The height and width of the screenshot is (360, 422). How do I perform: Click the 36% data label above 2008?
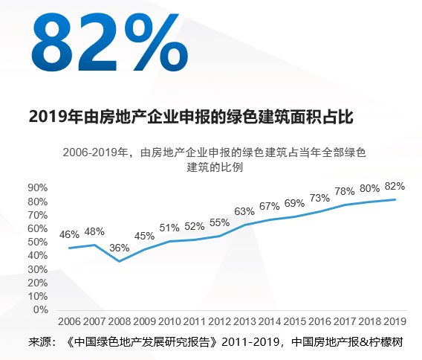pos(120,248)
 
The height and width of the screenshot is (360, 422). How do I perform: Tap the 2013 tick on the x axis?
pos(244,321)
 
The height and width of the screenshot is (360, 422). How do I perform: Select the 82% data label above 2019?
pos(395,186)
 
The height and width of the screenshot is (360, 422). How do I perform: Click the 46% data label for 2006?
pos(69,234)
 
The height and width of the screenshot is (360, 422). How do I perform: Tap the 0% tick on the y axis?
pos(40,309)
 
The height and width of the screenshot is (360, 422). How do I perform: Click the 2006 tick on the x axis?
pos(69,321)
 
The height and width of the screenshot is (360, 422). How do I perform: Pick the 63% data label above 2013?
pos(244,211)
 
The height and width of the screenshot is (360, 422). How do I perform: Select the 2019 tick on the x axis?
pos(395,321)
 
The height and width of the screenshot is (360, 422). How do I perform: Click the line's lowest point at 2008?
pos(120,261)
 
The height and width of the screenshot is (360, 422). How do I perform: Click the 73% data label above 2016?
pos(319,198)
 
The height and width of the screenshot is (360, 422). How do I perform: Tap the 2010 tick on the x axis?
pos(169,321)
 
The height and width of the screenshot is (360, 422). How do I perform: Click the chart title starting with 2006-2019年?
pos(215,160)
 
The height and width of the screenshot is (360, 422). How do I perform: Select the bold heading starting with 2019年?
pos(189,117)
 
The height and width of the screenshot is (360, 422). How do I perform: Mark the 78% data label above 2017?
pos(345,191)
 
